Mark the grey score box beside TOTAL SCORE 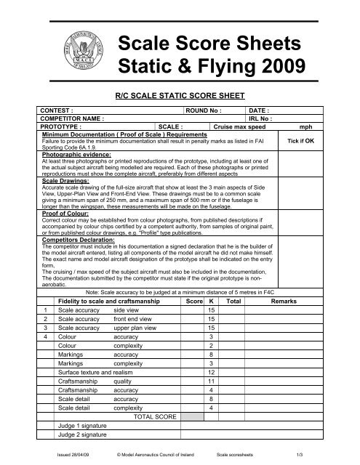[193, 417]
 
